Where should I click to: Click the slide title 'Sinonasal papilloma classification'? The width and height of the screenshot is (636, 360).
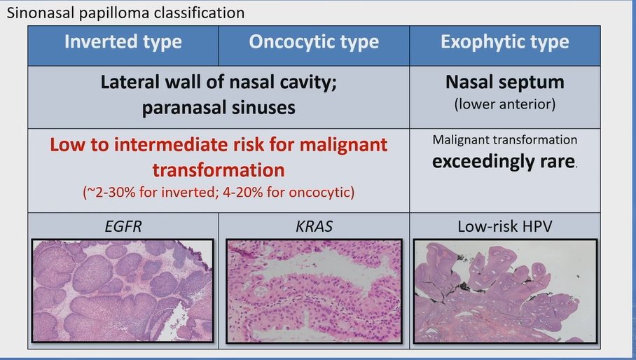click(126, 13)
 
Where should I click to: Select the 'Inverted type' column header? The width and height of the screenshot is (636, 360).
click(123, 42)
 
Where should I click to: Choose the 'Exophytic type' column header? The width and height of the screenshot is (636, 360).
click(504, 42)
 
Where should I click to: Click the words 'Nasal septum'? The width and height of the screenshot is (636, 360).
click(504, 83)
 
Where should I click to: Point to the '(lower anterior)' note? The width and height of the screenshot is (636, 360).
click(504, 104)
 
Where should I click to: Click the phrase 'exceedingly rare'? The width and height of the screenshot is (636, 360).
click(503, 161)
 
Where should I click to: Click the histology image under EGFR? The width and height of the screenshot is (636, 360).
click(123, 291)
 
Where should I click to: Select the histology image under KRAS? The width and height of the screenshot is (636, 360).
click(314, 291)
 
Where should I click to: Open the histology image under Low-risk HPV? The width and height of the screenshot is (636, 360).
click(504, 291)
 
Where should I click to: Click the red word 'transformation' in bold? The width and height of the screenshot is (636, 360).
click(219, 170)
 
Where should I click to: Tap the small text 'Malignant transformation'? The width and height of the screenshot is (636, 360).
click(504, 140)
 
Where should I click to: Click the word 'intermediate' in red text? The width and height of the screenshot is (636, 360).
click(188, 146)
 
